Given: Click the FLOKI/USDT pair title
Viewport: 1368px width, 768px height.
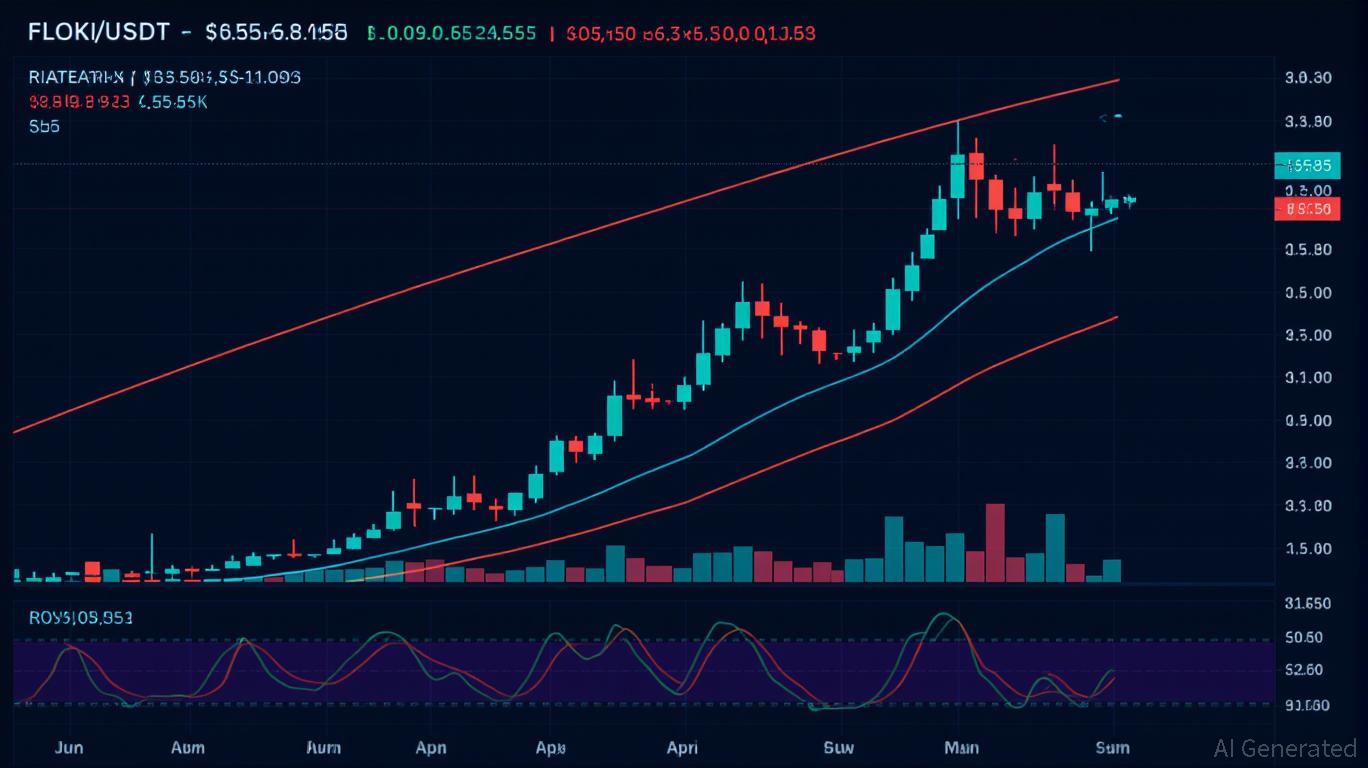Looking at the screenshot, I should coord(98,32).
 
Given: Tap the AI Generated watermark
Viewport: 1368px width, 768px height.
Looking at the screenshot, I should coord(1285,748).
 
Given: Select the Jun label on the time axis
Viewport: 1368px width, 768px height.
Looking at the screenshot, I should coord(69,747).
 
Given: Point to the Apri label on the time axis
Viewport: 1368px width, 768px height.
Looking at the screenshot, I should coord(682,747).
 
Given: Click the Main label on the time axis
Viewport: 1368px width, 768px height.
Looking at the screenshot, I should coord(961,747).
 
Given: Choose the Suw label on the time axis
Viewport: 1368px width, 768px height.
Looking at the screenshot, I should coord(838,747).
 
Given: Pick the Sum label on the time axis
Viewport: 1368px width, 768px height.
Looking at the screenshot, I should coord(1112,747).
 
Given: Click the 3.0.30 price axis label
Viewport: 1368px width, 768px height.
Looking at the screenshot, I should coord(1307,78).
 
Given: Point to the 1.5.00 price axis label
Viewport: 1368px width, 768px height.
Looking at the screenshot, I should coord(1307,548).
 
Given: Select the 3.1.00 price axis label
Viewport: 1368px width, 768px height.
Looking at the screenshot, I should coord(1307,377).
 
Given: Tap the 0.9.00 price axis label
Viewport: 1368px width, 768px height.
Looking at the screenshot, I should coord(1307,420).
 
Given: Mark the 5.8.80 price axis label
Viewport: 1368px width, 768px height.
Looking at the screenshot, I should coord(1307,249).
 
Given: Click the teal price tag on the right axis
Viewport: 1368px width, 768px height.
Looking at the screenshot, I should coord(1307,165).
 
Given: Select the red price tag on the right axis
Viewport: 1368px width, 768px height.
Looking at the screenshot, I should coord(1307,209).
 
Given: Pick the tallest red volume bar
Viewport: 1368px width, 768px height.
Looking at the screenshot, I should coord(994,542).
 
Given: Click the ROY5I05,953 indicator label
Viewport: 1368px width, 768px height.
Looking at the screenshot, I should coord(80,618).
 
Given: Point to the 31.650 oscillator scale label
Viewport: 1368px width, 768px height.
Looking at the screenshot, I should coord(1307,603).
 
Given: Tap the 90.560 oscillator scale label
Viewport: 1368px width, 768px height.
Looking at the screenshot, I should coord(1307,705).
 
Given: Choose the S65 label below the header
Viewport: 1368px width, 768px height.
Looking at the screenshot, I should coord(44,126).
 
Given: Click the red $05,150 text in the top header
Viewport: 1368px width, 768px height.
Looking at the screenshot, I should coord(600,33).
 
